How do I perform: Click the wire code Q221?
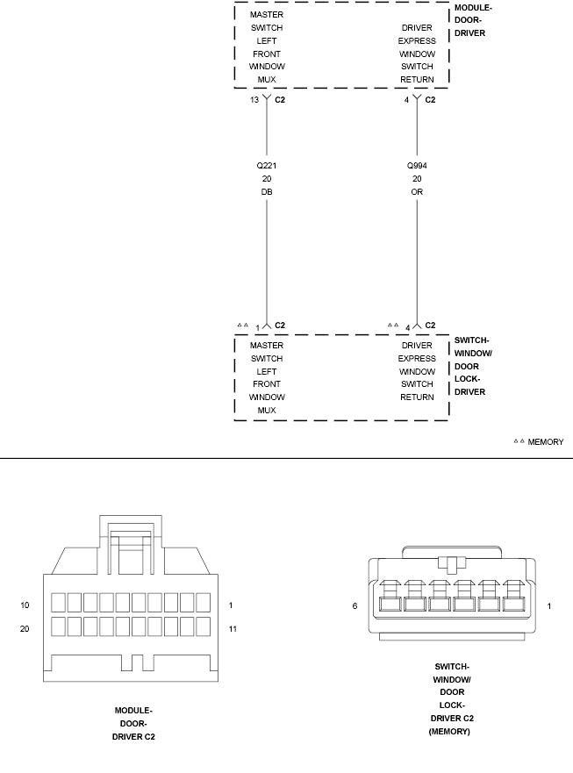[266, 166]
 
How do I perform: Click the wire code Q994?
[417, 166]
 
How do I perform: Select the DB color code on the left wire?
[266, 192]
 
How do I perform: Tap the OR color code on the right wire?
[417, 192]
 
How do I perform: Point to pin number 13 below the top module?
[254, 99]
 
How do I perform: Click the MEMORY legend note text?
[546, 442]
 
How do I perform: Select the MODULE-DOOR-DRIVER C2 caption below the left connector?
[133, 724]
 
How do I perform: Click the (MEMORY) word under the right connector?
[449, 732]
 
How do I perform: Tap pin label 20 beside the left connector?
[25, 628]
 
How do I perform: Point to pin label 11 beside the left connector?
[233, 628]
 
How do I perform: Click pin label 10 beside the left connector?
[25, 605]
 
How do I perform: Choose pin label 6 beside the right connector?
[355, 606]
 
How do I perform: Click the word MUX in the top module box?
[266, 79]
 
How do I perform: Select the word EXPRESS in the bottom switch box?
[417, 358]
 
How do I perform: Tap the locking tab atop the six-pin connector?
[452, 563]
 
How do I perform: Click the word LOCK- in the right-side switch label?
[467, 379]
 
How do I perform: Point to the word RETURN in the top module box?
[417, 79]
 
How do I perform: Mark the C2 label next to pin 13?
[280, 99]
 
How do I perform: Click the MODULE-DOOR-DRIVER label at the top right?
[473, 20]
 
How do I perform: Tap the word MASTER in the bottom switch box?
[266, 345]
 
